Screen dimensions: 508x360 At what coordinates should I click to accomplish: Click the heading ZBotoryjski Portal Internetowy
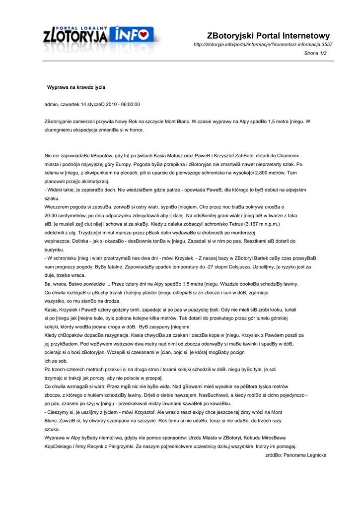(x=268, y=36)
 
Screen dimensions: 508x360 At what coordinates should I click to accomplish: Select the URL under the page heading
(x=263, y=45)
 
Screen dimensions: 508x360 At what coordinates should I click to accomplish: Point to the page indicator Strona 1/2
(x=315, y=53)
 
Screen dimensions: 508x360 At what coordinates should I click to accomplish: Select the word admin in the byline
(x=51, y=104)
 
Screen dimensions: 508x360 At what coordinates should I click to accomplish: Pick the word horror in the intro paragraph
(x=135, y=129)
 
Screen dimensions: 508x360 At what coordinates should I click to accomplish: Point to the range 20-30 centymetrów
(x=66, y=215)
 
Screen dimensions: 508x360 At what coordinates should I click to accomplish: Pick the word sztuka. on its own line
(x=52, y=429)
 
